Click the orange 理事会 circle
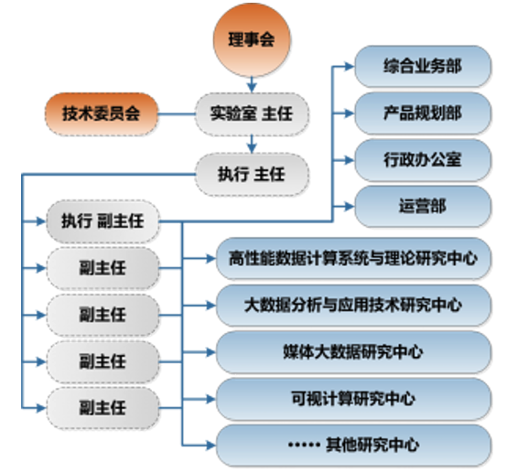[252, 39]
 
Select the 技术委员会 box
[102, 113]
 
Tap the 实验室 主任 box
[252, 113]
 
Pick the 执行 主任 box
[252, 175]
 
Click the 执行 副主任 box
[103, 221]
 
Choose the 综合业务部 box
[423, 67]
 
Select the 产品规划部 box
[423, 113]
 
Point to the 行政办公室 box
[423, 160]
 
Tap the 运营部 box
[423, 207]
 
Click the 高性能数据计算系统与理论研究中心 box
[353, 258]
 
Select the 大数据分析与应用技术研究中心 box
[353, 306]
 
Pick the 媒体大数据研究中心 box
[353, 352]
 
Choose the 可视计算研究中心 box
[353, 399]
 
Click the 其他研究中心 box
[353, 446]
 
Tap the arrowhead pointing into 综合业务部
[350, 67]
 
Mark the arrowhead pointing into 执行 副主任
[41, 221]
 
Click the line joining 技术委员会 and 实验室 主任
[177, 113]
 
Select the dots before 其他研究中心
[304, 446]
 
